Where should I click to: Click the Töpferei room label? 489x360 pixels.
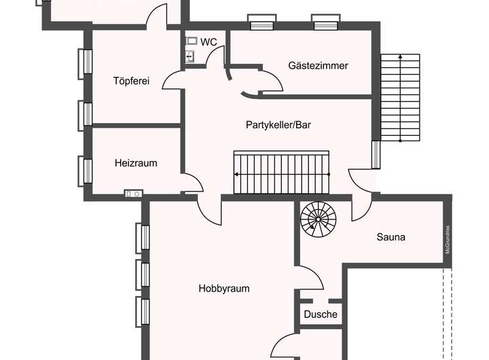[131, 82]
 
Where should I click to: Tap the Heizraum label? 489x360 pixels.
[136, 163]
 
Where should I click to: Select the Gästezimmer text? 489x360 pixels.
[318, 66]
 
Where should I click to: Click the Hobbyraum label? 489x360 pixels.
[224, 288]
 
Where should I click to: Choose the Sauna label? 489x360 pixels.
[391, 237]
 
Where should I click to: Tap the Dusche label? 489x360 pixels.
[321, 314]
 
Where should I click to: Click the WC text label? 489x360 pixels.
[209, 42]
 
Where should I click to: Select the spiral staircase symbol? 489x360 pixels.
[319, 218]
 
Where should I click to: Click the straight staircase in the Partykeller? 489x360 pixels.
[281, 173]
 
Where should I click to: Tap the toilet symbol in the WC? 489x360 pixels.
[192, 41]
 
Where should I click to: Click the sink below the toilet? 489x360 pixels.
[191, 56]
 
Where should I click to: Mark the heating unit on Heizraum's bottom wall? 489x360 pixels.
[133, 194]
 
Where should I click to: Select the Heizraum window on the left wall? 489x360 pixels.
[88, 170]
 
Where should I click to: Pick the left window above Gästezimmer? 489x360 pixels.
[260, 22]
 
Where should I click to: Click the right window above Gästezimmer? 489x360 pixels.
[325, 22]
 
